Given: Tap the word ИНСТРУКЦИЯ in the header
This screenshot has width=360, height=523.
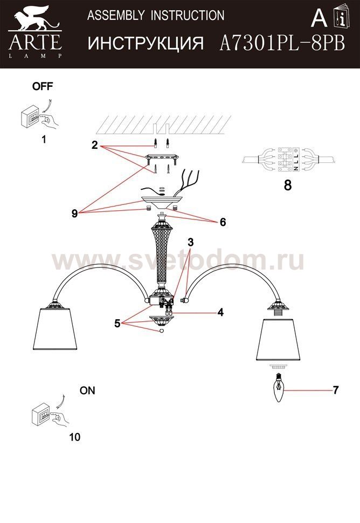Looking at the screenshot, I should point(146,43).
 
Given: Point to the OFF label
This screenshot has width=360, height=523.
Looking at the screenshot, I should point(43,86).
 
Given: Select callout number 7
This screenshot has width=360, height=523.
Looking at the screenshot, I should point(335,391).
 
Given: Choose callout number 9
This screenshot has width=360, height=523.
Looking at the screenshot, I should point(74,213).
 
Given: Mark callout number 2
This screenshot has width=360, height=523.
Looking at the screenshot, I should point(94,145).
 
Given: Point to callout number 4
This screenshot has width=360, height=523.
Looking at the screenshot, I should point(220,312).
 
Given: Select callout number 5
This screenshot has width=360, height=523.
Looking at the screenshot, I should point(117,325).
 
